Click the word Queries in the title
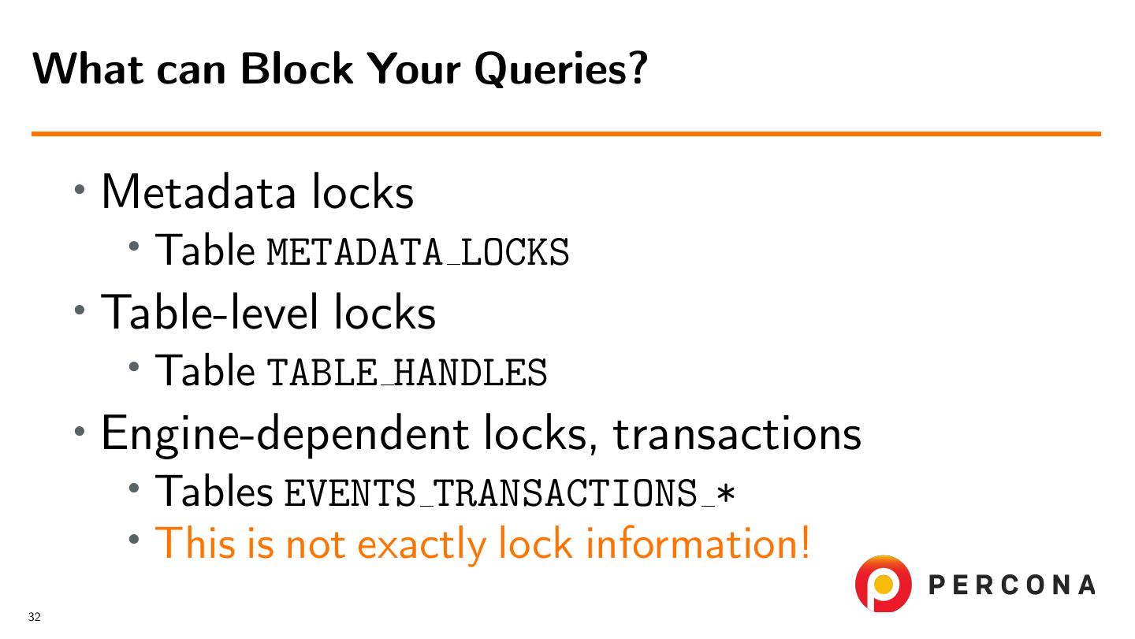click(x=560, y=70)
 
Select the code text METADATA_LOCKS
click(x=418, y=252)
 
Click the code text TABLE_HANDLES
click(x=407, y=372)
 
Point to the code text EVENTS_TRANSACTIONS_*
click(x=510, y=493)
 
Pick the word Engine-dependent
click(x=285, y=433)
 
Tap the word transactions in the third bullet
click(x=737, y=433)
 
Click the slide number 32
click(x=34, y=617)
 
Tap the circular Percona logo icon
click(x=884, y=584)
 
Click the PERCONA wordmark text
click(x=1012, y=585)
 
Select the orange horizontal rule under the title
click(x=566, y=134)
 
